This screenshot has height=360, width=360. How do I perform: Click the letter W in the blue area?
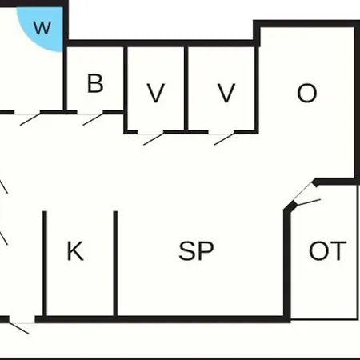coord(42,28)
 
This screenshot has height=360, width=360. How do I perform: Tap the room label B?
coord(95,83)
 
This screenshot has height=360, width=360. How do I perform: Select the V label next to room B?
coord(156,93)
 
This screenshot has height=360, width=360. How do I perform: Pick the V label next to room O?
coord(226,93)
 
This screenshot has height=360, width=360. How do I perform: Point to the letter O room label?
coord(307,93)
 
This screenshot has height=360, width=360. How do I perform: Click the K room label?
coord(75,250)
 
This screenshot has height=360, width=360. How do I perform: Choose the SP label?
coord(196,250)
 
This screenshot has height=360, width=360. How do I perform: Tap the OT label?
coord(328,250)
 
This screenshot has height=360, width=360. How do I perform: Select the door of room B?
coord(93,119)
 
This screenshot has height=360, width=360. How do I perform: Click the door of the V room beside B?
coord(154,138)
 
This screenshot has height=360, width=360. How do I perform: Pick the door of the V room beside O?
coord(224,138)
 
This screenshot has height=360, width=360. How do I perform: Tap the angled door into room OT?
coord(306,195)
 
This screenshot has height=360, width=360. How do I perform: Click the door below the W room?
coord(30,119)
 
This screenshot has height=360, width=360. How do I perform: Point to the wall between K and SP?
coord(115,263)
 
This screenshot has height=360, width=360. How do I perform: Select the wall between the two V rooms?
coord(186,89)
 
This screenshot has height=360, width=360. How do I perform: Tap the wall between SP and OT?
coord(287,264)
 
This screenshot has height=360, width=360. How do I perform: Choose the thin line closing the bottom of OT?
coord(324,318)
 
